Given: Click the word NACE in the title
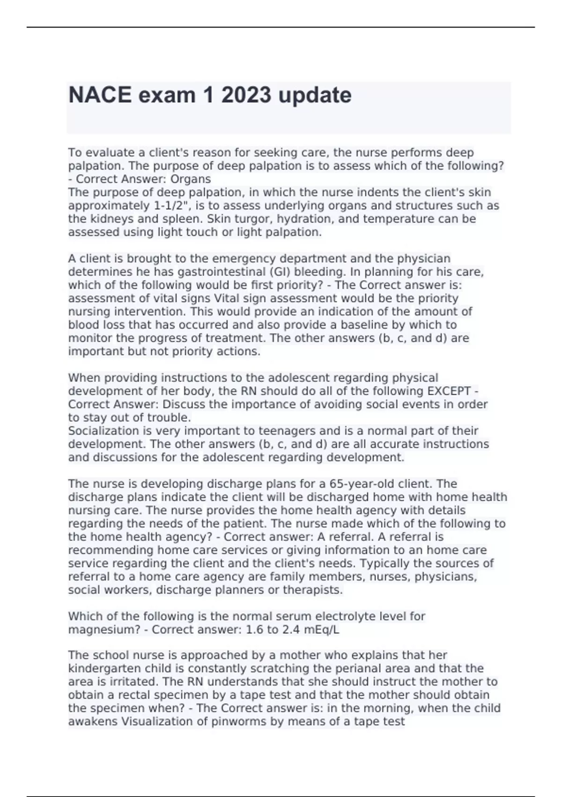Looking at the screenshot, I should tap(100, 95).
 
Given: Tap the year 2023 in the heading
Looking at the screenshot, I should tap(246, 95).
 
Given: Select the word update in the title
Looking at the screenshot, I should tap(315, 95).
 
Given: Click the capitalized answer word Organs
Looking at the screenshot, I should tap(190, 179).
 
